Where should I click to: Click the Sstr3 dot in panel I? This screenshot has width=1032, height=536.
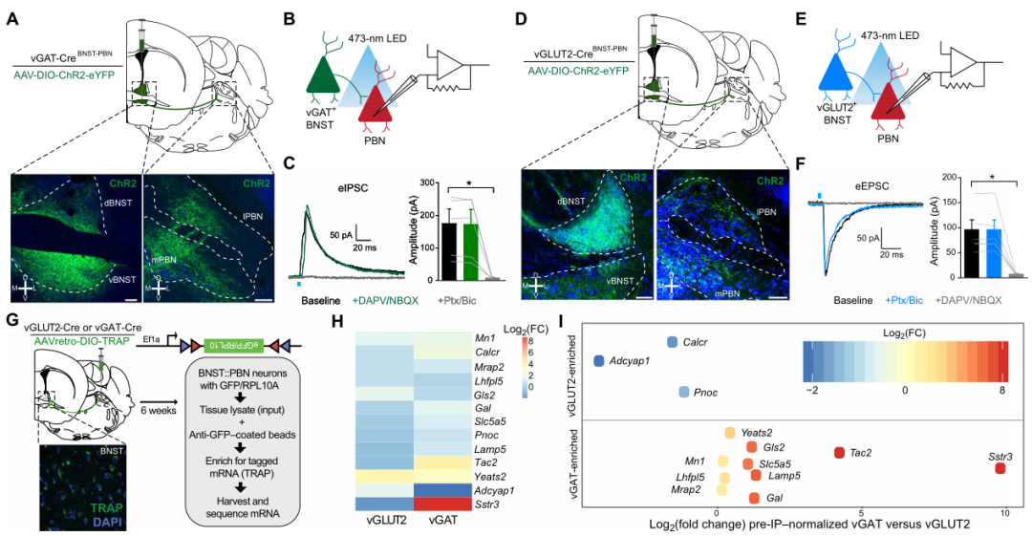point(1000,468)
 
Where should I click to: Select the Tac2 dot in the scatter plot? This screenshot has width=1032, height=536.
point(839,453)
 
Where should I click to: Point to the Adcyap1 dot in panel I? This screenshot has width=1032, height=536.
point(599,361)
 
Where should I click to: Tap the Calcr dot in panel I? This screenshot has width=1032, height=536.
point(673,342)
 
